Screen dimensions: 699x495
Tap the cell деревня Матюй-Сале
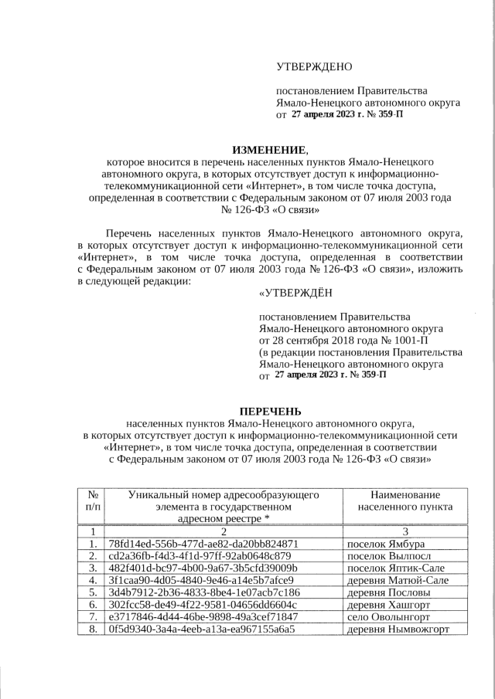click(398, 580)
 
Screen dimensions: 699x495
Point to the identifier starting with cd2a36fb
click(200, 556)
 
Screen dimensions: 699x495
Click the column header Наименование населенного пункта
click(405, 500)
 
